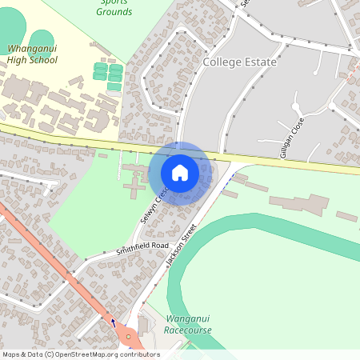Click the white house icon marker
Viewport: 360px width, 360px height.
tap(180, 173)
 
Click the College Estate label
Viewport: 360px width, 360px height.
tap(239, 62)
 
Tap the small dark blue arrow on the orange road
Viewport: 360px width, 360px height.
tap(113, 322)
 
